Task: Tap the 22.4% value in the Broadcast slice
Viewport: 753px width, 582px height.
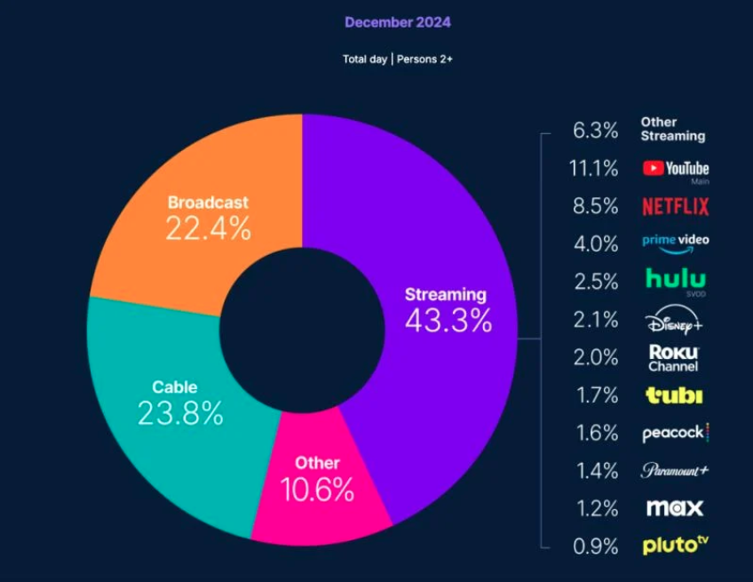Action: pyautogui.click(x=208, y=229)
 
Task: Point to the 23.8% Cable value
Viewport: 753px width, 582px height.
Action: pyautogui.click(x=180, y=412)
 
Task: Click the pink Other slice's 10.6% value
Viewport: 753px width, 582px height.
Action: pyautogui.click(x=317, y=489)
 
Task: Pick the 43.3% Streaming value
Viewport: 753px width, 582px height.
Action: pyautogui.click(x=448, y=320)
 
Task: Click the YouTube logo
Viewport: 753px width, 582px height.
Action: pyautogui.click(x=675, y=169)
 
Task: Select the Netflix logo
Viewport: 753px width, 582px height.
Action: pyautogui.click(x=675, y=207)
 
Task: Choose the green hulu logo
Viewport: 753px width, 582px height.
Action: pyautogui.click(x=675, y=280)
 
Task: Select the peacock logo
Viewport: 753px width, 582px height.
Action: pyautogui.click(x=675, y=433)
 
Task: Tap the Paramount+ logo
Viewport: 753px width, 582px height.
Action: pyautogui.click(x=675, y=470)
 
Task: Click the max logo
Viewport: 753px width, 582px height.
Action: pyautogui.click(x=675, y=508)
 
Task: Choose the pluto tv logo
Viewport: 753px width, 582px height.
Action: pyautogui.click(x=675, y=545)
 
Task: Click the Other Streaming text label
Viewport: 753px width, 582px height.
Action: pyautogui.click(x=672, y=129)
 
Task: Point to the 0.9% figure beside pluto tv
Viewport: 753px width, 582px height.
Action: pyautogui.click(x=596, y=546)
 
